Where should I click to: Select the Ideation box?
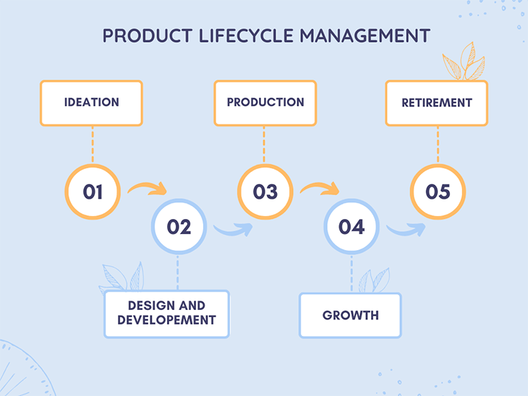tap(91, 103)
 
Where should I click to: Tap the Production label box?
tap(265, 103)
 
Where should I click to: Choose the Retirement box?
tap(437, 103)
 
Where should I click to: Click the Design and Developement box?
tap(166, 314)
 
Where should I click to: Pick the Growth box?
tap(351, 316)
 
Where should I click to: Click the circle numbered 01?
tap(93, 192)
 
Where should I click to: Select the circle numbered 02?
tap(179, 227)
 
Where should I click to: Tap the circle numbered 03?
tap(265, 192)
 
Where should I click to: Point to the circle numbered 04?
tap(352, 227)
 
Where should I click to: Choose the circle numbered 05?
tap(438, 192)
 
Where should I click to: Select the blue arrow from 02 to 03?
tap(234, 230)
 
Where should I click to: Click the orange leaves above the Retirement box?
tap(462, 62)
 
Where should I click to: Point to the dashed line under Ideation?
tap(93, 145)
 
